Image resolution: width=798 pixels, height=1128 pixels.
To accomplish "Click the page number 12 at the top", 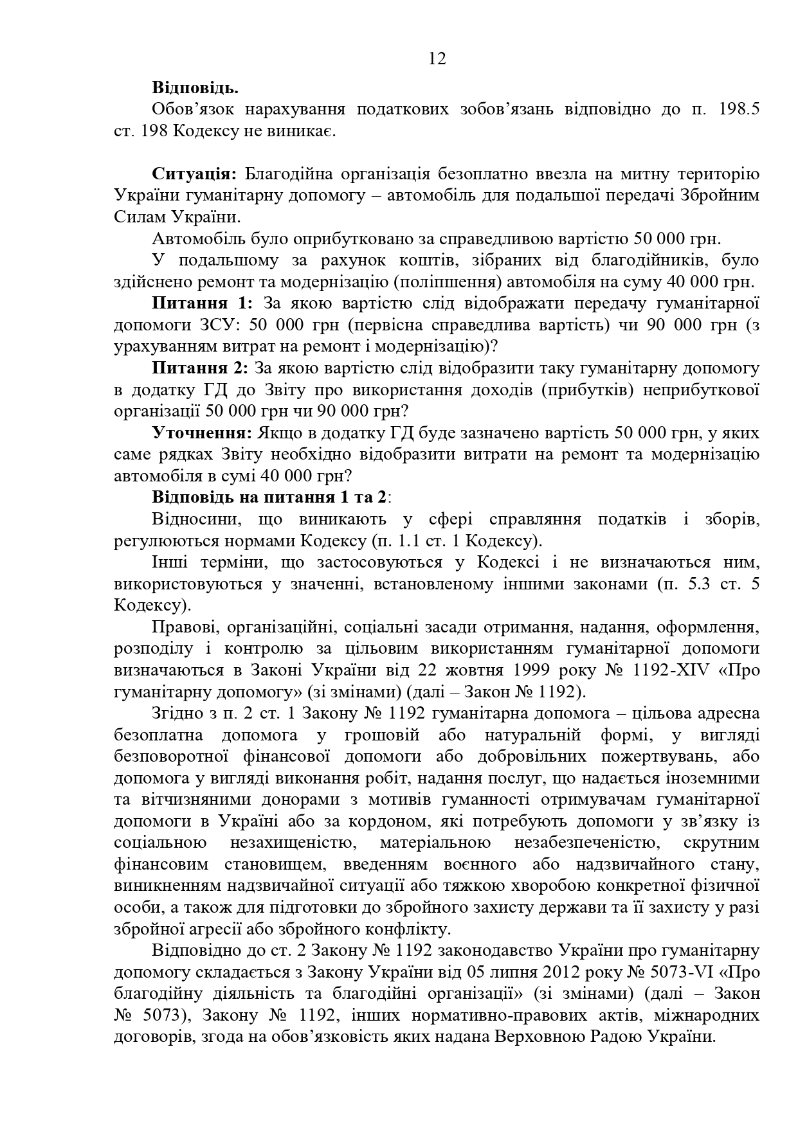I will pyautogui.click(x=437, y=59).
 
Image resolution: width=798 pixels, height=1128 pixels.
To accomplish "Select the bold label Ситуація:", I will pyautogui.click(x=195, y=174).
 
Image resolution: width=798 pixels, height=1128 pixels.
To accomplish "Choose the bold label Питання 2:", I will pyautogui.click(x=200, y=368).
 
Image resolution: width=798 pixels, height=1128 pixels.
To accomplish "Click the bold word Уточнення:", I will pyautogui.click(x=203, y=433).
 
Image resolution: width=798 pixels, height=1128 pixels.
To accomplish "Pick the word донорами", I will pyautogui.click(x=314, y=800).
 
